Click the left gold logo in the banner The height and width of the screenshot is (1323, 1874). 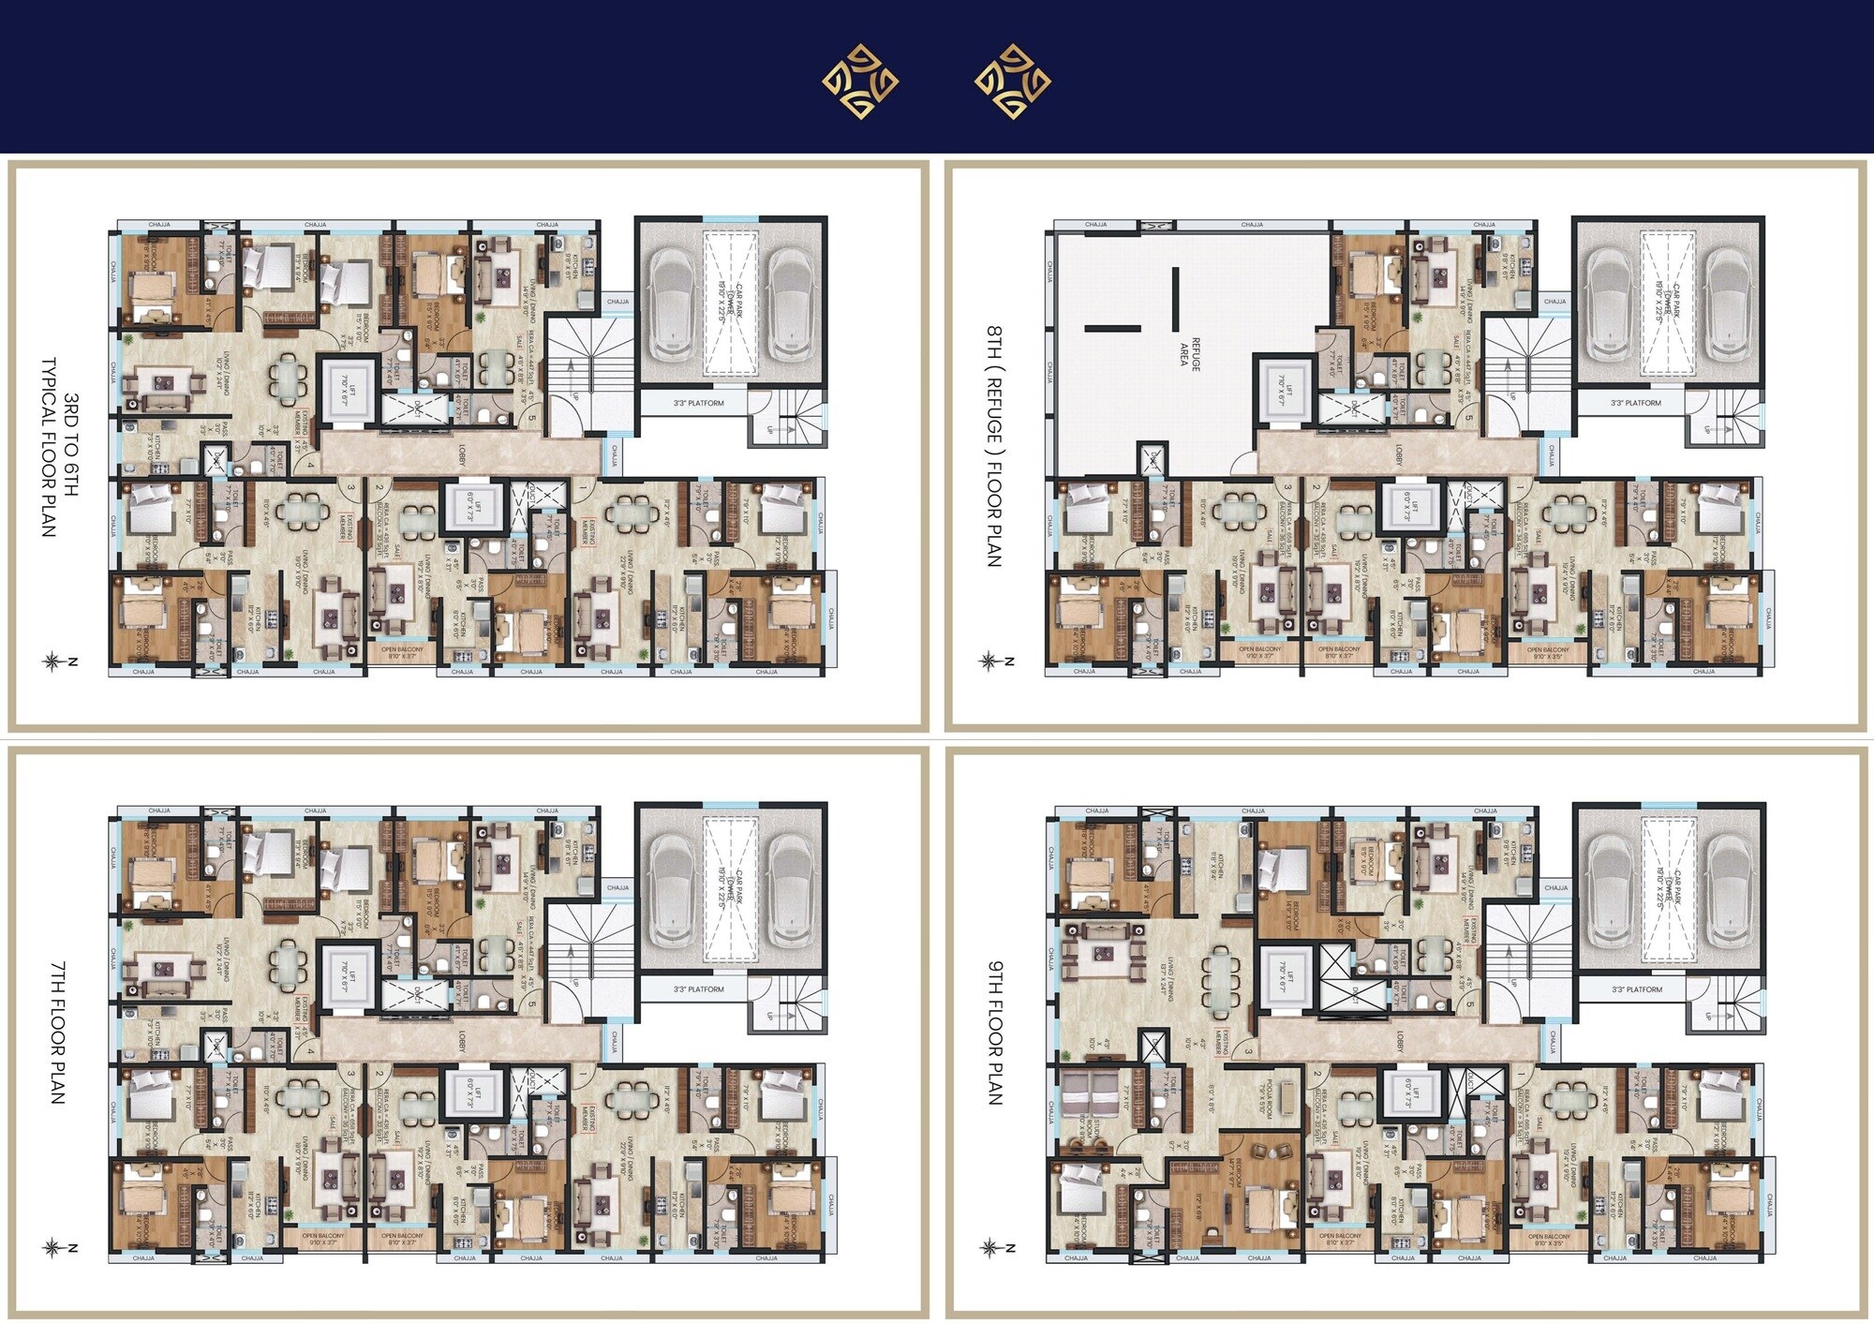(x=860, y=82)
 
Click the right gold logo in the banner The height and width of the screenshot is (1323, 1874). (x=1012, y=82)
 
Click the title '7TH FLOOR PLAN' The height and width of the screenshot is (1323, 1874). (x=58, y=1032)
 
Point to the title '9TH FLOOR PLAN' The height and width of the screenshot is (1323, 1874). (x=995, y=1032)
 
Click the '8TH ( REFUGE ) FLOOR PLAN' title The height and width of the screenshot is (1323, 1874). (x=995, y=446)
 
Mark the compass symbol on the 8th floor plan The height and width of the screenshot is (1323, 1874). (x=989, y=661)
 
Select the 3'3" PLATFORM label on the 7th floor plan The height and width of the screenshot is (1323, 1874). (x=699, y=989)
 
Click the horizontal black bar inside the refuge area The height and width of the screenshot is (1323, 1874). (x=1113, y=328)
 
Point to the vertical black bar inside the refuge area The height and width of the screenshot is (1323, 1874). (x=1175, y=299)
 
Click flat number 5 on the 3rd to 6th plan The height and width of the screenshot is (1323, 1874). (x=533, y=418)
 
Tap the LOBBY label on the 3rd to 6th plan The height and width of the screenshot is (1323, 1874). (x=462, y=454)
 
